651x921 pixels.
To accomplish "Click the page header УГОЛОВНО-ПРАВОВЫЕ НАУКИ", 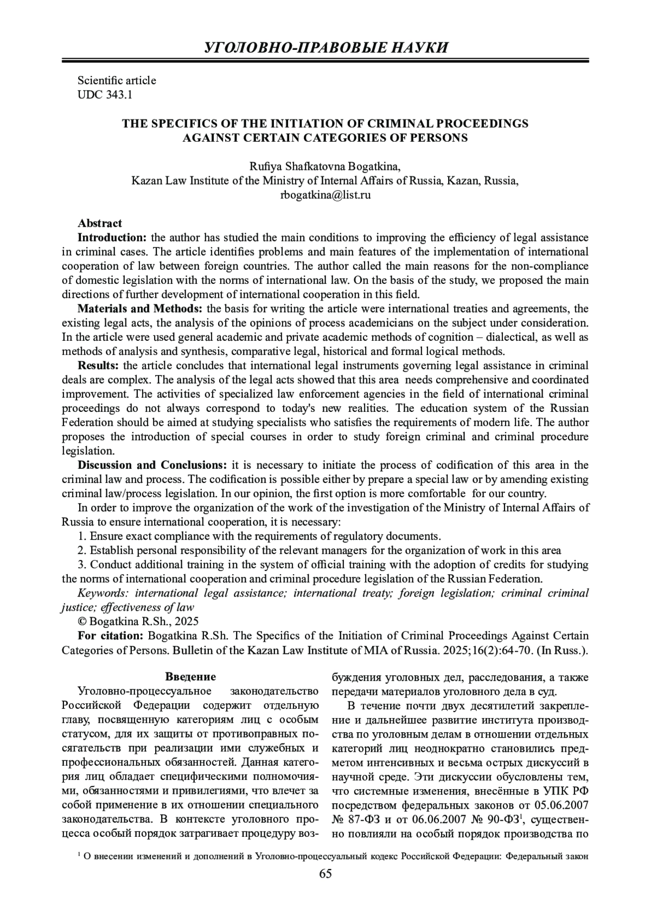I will (325, 47).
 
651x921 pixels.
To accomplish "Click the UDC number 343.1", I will (119, 95).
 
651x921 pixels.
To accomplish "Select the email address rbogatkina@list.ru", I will (325, 195).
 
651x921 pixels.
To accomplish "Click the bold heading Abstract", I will (100, 223).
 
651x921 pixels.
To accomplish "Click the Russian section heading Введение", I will (190, 677).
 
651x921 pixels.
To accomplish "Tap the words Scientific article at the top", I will (117, 80).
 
